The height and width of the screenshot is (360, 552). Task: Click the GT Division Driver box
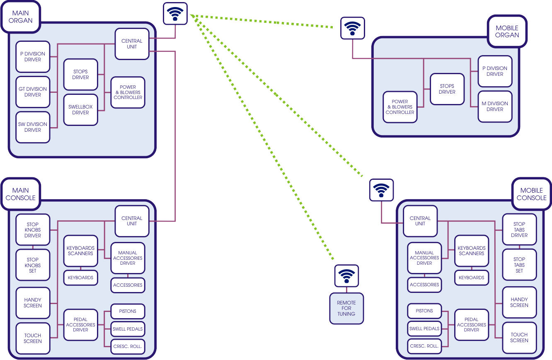(33, 92)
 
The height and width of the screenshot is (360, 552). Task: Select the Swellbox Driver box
(80, 110)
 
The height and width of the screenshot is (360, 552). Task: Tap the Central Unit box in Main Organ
(132, 44)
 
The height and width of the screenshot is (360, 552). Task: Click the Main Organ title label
(21, 17)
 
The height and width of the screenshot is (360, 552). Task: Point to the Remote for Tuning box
(346, 309)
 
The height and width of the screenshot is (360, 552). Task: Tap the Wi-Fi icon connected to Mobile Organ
(352, 28)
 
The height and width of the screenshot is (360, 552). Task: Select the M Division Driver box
(495, 106)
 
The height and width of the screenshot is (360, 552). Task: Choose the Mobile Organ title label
(507, 32)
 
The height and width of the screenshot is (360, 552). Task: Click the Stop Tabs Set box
(519, 265)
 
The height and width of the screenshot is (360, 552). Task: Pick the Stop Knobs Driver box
(33, 230)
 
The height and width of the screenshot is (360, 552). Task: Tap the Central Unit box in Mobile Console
(420, 221)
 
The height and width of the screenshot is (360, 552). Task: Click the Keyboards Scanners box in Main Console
(80, 251)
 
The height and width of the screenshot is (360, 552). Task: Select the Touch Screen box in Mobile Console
(519, 338)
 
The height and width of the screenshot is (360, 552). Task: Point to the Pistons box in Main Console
(128, 311)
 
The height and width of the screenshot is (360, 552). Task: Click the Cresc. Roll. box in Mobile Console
(424, 346)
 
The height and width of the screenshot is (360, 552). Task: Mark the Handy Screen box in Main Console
(33, 303)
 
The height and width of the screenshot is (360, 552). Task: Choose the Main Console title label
(21, 194)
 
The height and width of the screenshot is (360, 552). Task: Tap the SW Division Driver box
(33, 127)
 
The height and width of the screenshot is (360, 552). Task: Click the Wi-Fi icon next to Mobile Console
(381, 191)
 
